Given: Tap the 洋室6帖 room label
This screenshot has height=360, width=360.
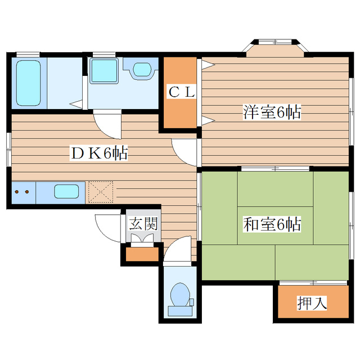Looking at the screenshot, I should coord(272,112).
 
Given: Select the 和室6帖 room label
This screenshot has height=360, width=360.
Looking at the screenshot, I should coord(272,224).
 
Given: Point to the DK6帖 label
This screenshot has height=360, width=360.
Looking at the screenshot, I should coord(98,152).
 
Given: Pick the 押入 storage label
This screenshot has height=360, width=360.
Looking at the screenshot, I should coord(312,304).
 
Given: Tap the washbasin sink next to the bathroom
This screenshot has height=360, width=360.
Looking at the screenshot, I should coord(142,71).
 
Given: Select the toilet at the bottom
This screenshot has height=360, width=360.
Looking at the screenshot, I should coord(180,294).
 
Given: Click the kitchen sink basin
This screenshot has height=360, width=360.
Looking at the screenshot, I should coord(66,191).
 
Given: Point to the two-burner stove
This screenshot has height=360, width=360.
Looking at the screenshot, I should coord(23,192).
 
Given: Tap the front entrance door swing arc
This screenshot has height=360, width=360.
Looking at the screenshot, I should coord(108,228).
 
